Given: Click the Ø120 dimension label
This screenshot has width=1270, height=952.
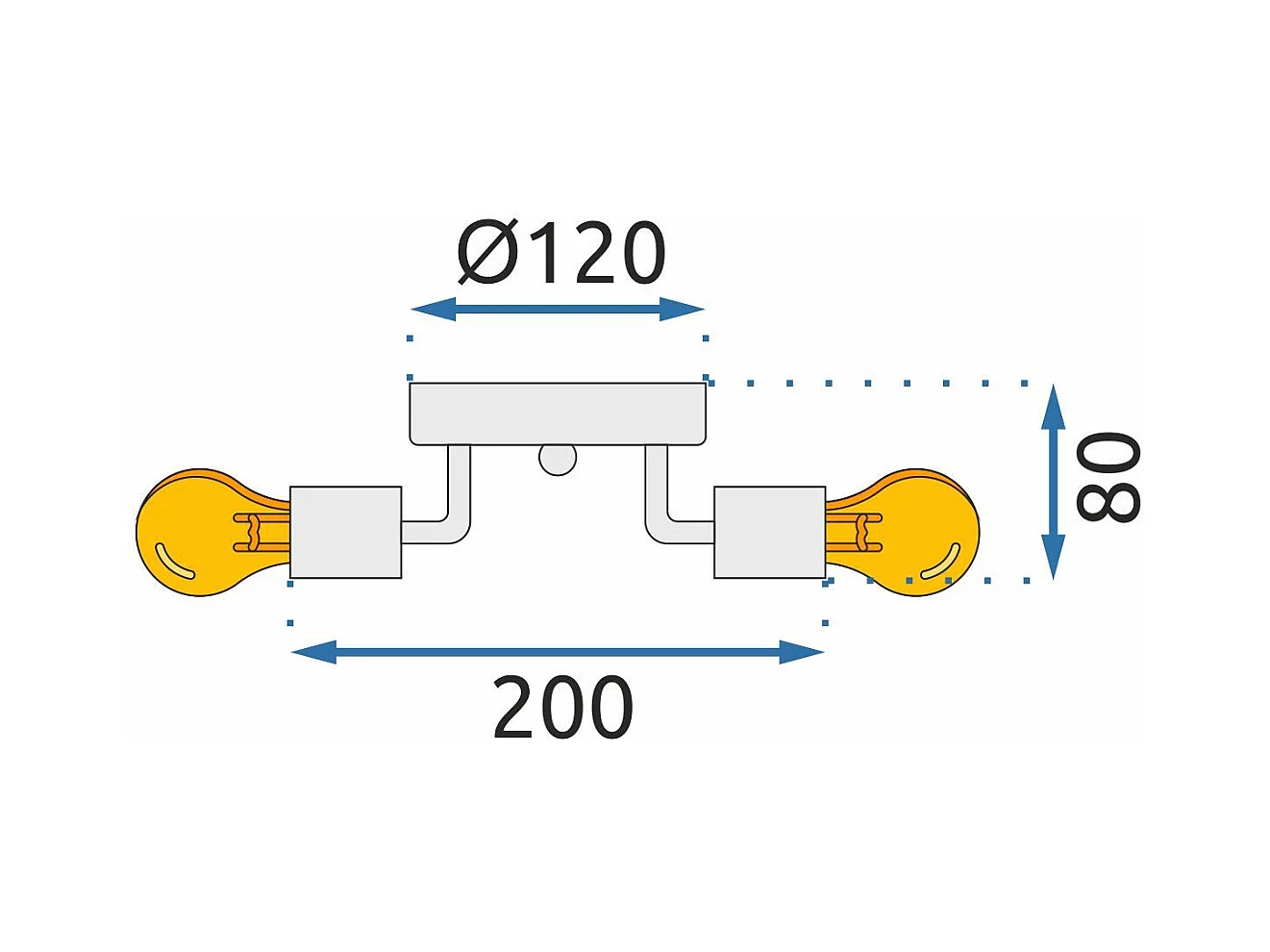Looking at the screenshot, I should [561, 254].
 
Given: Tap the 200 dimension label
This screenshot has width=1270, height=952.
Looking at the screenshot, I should [562, 709].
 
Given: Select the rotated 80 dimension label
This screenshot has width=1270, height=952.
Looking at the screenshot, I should [1108, 478].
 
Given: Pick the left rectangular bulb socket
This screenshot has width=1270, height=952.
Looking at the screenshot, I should [345, 533].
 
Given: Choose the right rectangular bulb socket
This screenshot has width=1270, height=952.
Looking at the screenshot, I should [769, 533].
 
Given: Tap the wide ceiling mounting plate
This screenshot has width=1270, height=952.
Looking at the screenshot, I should [558, 413].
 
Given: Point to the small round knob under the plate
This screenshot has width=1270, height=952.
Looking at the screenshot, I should [558, 460].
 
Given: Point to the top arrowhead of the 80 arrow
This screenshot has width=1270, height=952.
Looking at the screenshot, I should [1054, 407].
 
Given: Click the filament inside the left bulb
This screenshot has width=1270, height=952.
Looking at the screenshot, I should [255, 533].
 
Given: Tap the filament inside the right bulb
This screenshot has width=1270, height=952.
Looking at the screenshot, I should [861, 533].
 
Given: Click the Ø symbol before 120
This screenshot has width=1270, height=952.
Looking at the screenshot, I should [488, 254].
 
